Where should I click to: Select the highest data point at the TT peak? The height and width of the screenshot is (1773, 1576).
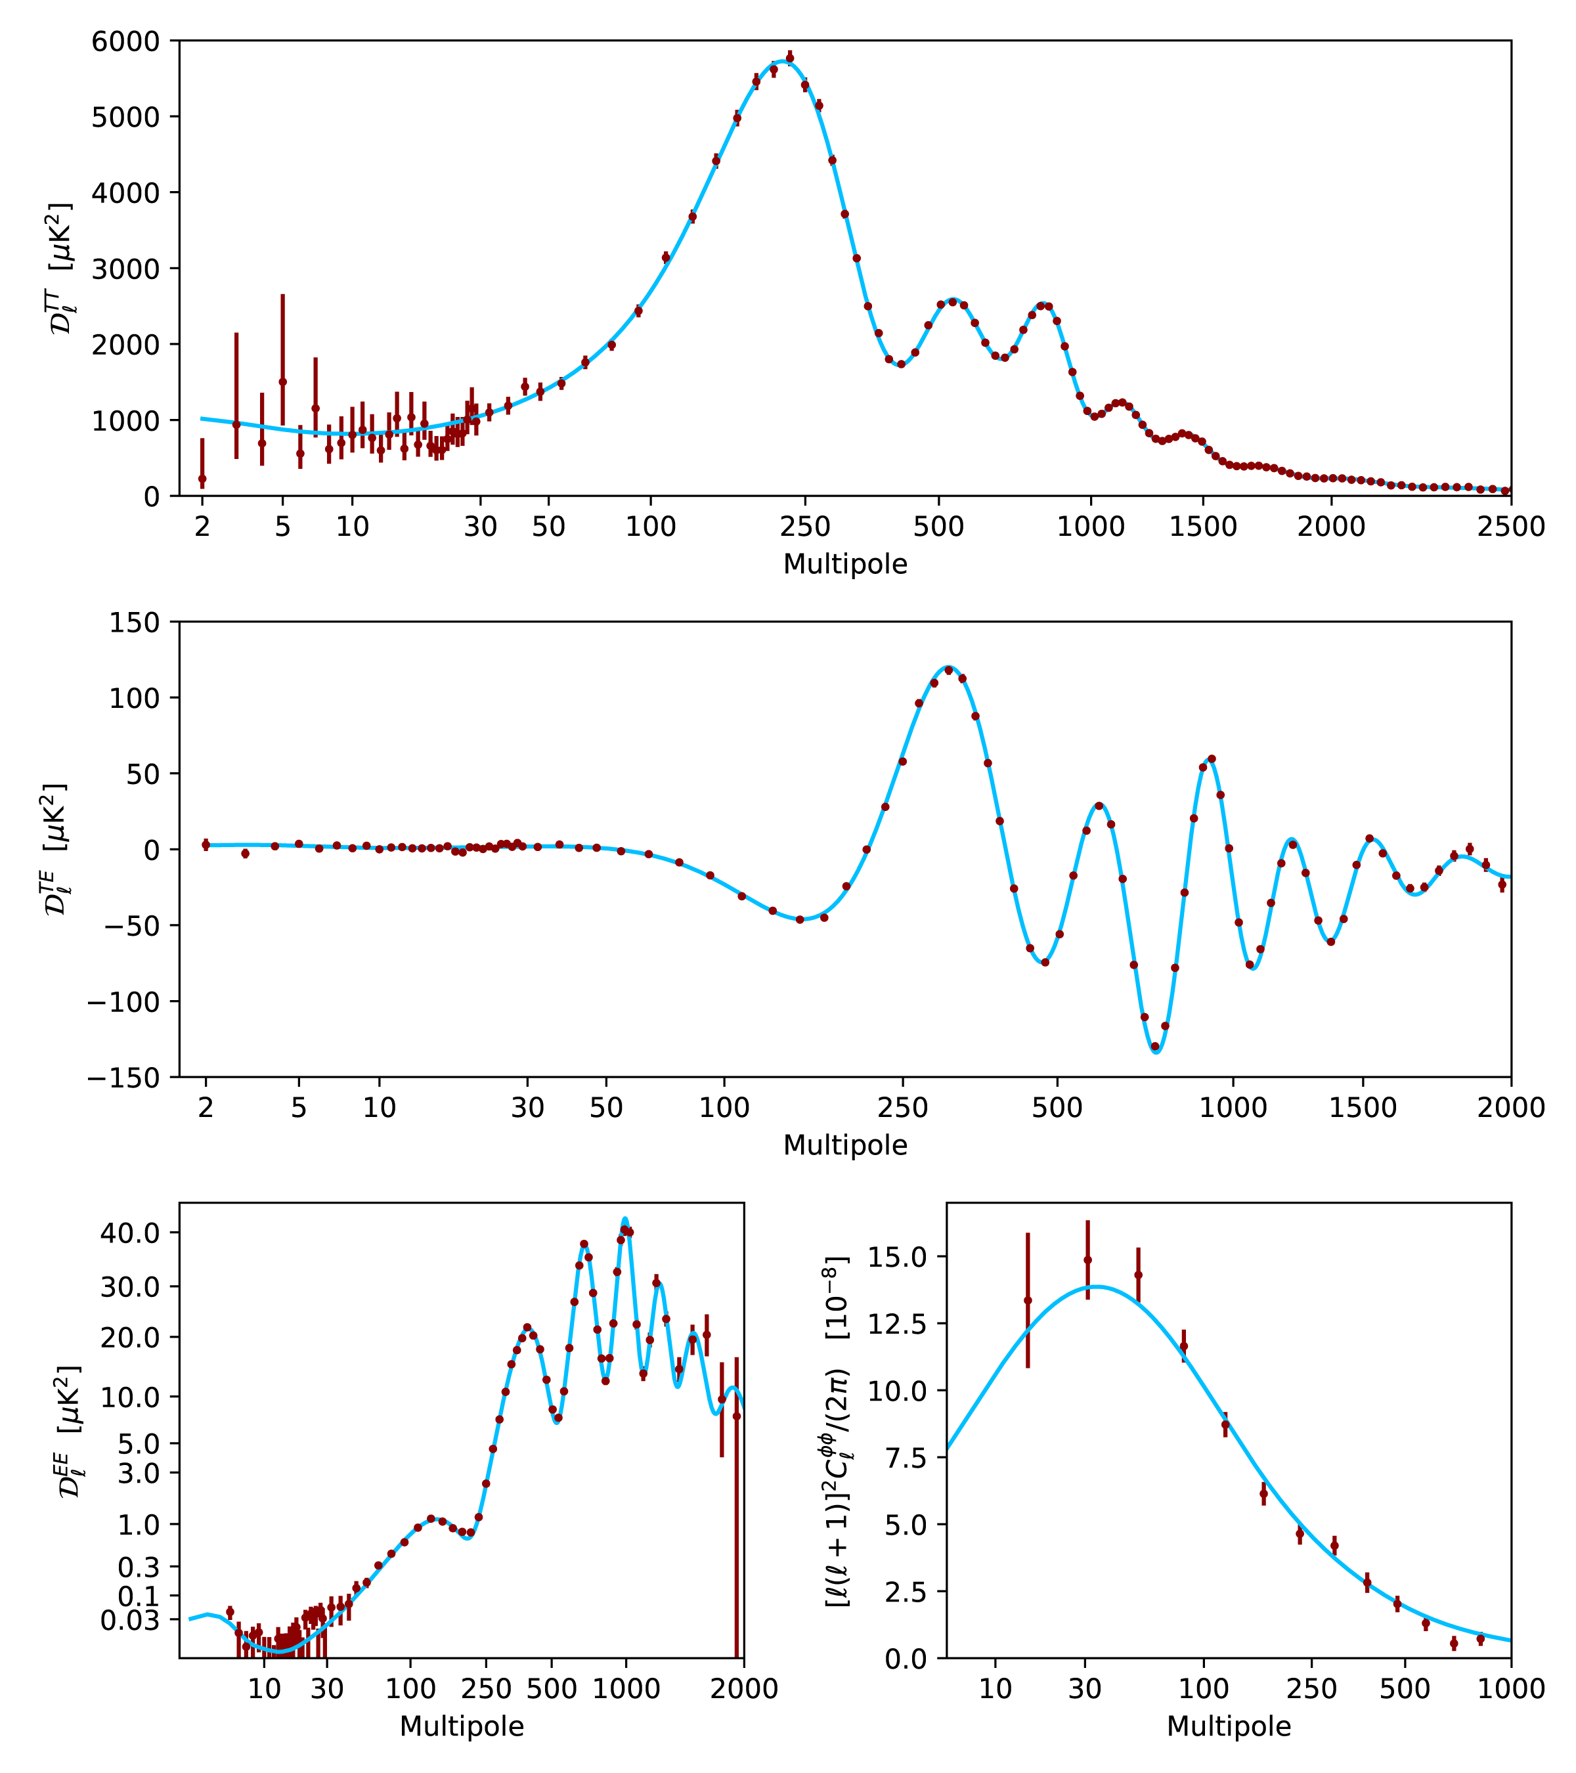pos(789,57)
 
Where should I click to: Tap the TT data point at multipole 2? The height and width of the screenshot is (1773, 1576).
pos(202,479)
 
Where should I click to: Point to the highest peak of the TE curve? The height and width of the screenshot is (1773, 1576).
pos(948,667)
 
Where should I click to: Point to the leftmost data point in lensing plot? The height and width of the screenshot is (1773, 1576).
pos(1027,1300)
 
